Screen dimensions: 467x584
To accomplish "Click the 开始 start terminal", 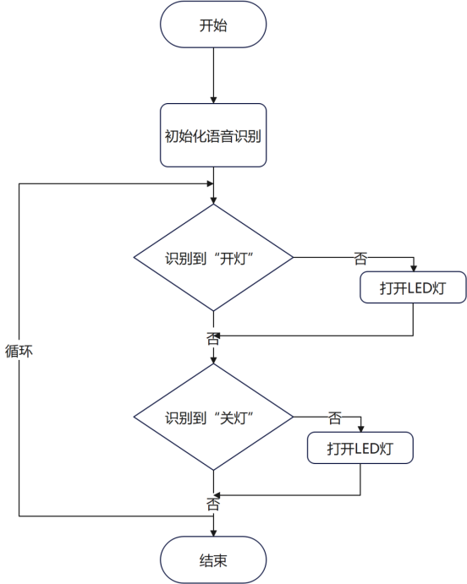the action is tap(213, 25).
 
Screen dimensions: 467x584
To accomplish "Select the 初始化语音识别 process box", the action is tap(213, 135).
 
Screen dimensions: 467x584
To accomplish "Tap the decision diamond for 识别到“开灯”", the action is tap(213, 258).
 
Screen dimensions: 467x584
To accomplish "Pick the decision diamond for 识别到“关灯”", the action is tap(213, 417).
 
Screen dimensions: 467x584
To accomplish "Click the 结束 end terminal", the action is tap(213, 559).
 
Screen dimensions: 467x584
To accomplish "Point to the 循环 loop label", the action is tap(19, 351).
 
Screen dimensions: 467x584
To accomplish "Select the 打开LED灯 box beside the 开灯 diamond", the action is tap(413, 287).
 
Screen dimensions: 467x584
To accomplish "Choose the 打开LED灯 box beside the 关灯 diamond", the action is tap(360, 448).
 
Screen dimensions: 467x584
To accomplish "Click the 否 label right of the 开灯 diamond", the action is tap(360, 258).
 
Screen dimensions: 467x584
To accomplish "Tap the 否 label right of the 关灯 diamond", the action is tap(335, 418).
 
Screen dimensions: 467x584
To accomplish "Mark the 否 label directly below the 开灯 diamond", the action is tap(213, 338).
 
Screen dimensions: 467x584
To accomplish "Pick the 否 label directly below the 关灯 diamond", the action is tap(213, 504).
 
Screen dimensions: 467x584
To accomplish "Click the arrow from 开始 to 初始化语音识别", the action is tap(213, 75).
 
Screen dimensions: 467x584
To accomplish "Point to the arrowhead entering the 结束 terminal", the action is tap(213, 533).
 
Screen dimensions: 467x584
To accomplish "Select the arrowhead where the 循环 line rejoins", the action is tap(210, 183).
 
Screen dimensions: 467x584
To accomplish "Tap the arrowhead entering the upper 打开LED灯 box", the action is tap(413, 268).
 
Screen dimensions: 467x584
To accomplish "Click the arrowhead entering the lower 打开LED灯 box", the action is tap(360, 428).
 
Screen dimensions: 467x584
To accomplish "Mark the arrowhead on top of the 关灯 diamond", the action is tap(213, 360).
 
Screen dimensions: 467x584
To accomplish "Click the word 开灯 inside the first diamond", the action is tap(233, 258).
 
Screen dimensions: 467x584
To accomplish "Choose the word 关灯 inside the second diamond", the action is tap(233, 418).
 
